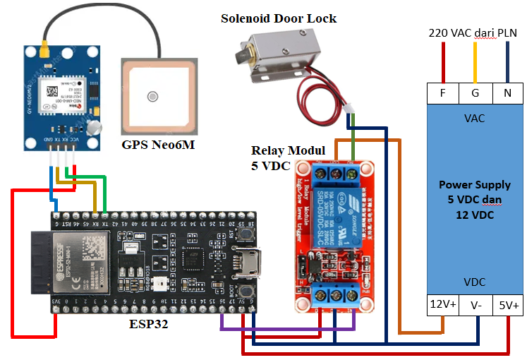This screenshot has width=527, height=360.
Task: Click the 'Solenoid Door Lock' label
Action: (279, 18)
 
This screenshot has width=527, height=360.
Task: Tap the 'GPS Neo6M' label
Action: (158, 145)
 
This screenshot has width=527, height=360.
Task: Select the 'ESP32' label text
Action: (149, 325)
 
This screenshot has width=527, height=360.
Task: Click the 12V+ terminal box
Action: (443, 305)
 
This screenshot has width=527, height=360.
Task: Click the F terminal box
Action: (443, 92)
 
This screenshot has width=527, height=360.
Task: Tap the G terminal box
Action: (475, 92)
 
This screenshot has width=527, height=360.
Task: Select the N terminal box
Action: (507, 92)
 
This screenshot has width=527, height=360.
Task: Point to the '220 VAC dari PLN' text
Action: (473, 32)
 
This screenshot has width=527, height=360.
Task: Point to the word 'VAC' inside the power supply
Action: (474, 118)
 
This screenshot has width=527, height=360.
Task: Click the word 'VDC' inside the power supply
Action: (474, 282)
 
